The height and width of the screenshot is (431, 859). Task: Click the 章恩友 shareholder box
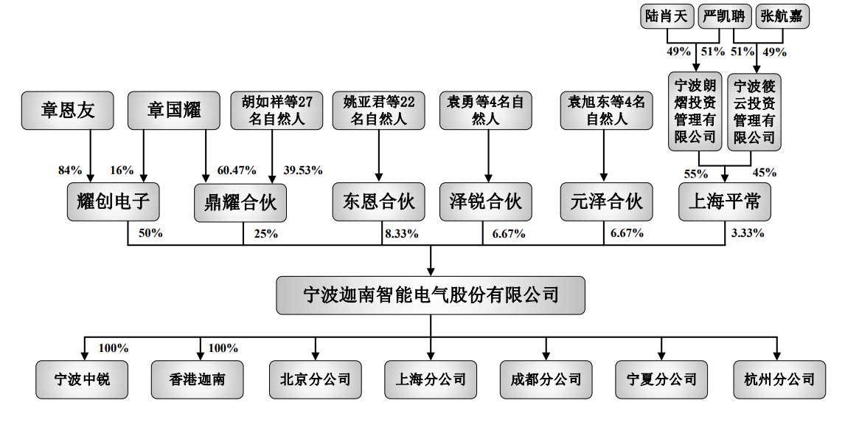(x=67, y=111)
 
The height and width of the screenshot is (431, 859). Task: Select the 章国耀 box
(x=174, y=111)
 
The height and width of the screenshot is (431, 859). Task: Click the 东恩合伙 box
(x=378, y=201)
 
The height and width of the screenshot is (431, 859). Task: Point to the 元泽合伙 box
(x=606, y=201)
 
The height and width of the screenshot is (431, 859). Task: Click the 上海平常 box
(x=725, y=201)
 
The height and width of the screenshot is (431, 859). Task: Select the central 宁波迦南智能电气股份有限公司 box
(x=431, y=295)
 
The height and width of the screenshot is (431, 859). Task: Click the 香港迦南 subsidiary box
(x=197, y=379)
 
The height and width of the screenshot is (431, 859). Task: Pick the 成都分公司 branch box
(x=546, y=379)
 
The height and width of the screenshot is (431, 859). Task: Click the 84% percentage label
(x=70, y=170)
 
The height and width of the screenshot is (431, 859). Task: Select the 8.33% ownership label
(x=401, y=234)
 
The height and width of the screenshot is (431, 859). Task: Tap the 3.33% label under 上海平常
(x=747, y=234)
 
